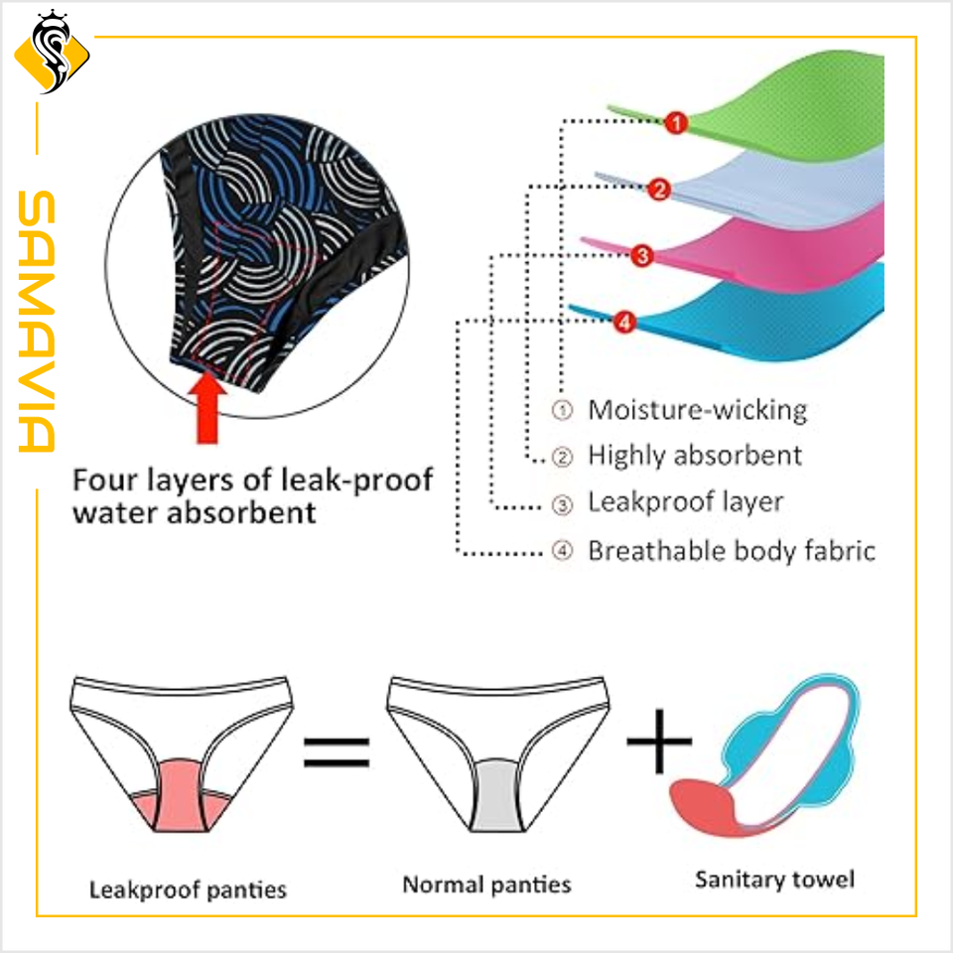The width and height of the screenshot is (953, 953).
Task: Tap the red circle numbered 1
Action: coord(676,124)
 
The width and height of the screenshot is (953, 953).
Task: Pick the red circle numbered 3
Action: coord(641,256)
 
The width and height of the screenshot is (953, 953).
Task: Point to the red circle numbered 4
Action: coord(623,322)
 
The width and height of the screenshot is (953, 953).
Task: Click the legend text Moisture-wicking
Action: coord(697,409)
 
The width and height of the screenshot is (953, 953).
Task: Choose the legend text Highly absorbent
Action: coord(695,456)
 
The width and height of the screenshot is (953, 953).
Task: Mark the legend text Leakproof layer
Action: coord(685,502)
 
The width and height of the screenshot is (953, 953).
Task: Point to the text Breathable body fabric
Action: coord(732,550)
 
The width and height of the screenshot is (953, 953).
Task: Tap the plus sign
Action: coord(659,741)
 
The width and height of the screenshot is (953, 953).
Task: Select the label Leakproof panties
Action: coord(188,888)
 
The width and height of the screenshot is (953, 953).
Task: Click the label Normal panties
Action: coord(486,884)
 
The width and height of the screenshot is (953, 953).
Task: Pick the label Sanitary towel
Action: coord(774,879)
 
